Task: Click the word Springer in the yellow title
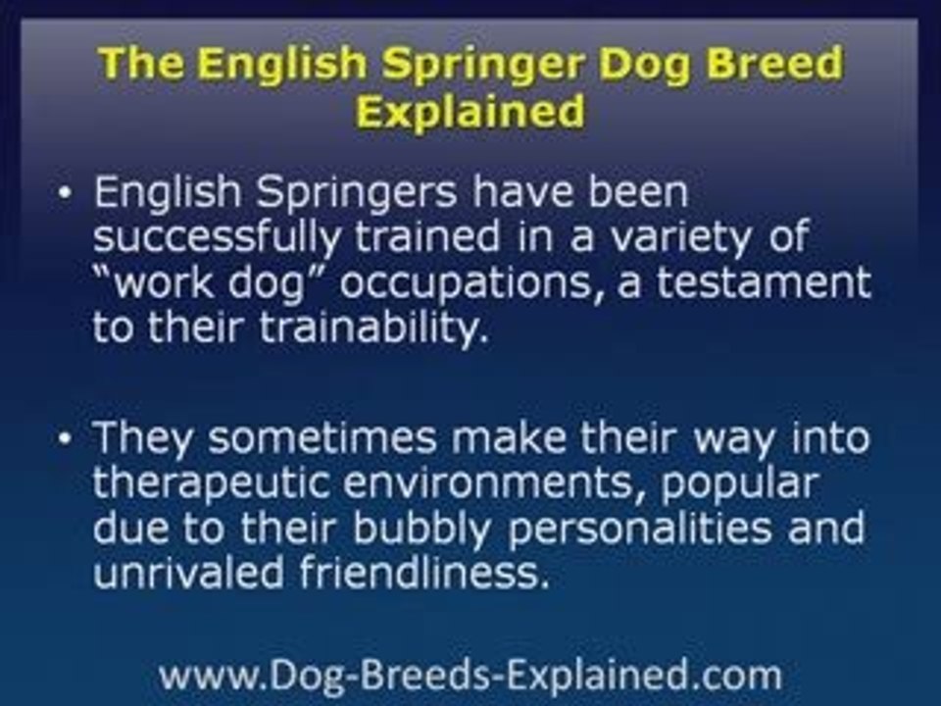click(466, 66)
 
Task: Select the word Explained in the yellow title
click(470, 112)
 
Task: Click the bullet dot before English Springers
click(65, 193)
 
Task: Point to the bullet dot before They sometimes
click(65, 438)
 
